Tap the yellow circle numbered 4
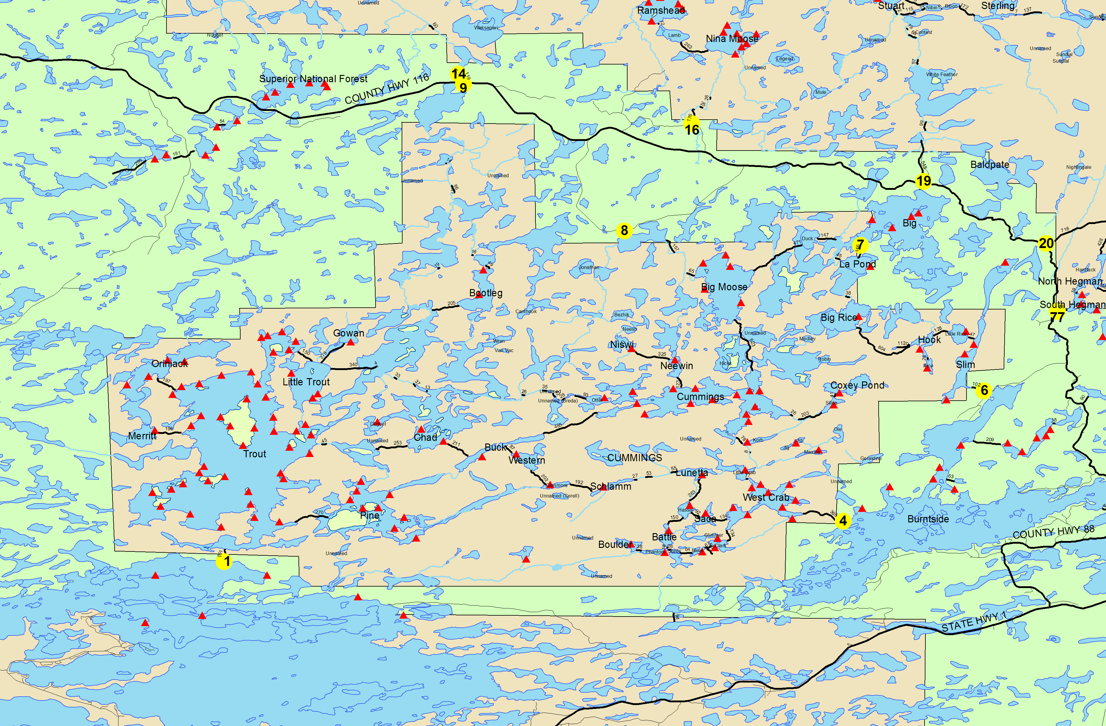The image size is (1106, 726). coord(843,521)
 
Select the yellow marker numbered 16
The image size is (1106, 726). coord(692,129)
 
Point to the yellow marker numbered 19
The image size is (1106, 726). coord(923,181)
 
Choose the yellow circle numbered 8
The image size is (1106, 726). coord(624,230)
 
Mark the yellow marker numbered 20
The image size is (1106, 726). coord(1046,243)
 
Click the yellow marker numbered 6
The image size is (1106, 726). coord(984,390)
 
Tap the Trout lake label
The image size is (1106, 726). coord(255,454)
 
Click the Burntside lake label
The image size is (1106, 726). coord(928,519)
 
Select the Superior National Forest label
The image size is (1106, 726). coord(313,79)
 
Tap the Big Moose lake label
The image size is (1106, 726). coord(724,287)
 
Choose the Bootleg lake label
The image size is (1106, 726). coord(486,293)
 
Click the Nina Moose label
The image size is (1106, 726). coord(732,39)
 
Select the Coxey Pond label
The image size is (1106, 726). coord(857,385)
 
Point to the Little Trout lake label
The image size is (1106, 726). coord(306,382)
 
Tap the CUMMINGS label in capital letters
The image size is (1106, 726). coord(634,458)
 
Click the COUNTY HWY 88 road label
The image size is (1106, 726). coord(1054,532)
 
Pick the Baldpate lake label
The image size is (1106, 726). coord(990,164)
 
